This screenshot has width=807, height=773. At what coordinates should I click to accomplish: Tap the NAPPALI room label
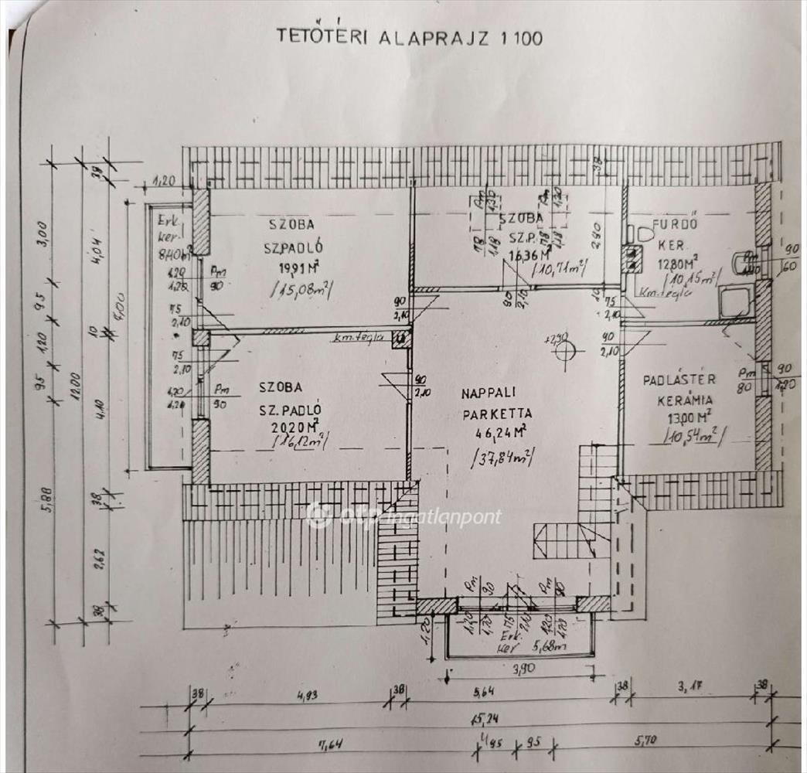click(492, 393)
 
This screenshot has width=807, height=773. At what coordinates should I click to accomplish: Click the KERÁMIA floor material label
click(684, 400)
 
